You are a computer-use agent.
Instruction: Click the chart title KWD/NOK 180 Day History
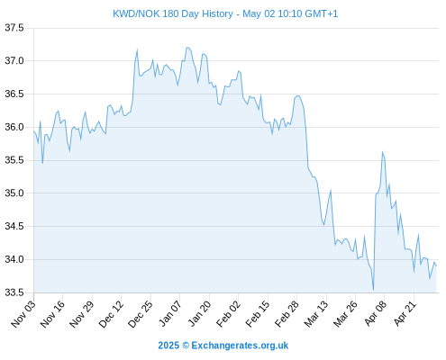point(173,13)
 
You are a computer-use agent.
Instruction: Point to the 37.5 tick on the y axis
point(14,28)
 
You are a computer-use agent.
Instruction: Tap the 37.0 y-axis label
point(14,61)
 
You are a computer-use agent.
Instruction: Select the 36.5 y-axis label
point(14,94)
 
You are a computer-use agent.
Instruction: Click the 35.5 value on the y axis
point(14,160)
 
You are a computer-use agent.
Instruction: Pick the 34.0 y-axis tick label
point(14,259)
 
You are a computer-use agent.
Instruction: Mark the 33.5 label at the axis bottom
point(14,292)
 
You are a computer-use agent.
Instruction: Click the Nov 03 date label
point(23,314)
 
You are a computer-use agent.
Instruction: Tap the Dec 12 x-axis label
point(111,314)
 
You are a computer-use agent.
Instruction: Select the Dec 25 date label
point(141,314)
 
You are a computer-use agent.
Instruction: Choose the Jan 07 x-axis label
point(170,314)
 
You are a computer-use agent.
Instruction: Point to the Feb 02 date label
point(229,314)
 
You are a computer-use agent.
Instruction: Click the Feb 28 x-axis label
point(287,314)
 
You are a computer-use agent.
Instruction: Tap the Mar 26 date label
point(345,314)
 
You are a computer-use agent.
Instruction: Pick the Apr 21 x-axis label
point(405,314)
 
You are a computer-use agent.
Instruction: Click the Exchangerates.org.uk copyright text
point(223,346)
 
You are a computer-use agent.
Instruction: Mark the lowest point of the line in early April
point(373,290)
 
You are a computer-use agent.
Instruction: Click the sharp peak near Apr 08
point(382,152)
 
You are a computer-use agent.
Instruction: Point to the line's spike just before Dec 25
point(137,49)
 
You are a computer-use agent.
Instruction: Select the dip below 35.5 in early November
point(42,163)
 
